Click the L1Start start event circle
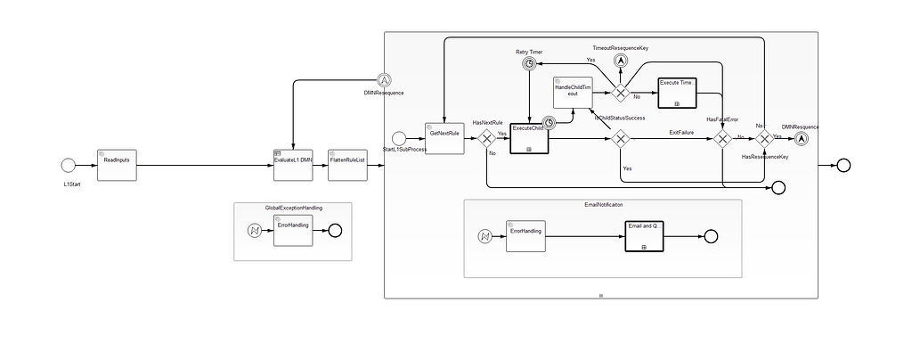point(69,165)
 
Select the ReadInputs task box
point(116,165)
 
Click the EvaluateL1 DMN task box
point(293,165)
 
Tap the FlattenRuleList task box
point(347,165)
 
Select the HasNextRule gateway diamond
point(487,138)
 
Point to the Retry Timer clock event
point(529,64)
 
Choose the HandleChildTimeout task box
point(573,94)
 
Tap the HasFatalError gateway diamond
point(722,138)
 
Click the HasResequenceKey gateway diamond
point(763,138)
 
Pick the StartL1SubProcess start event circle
point(399,137)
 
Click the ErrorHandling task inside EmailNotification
point(525,236)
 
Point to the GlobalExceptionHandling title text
point(293,207)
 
